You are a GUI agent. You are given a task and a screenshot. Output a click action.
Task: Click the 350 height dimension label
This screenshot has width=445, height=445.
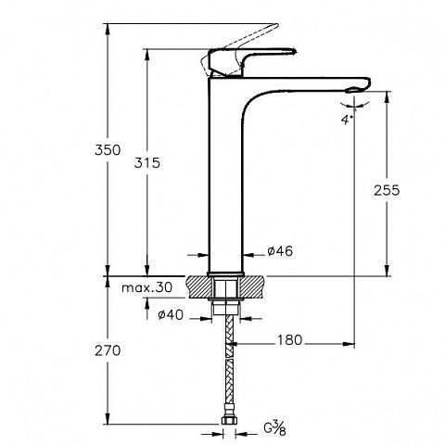[108, 150]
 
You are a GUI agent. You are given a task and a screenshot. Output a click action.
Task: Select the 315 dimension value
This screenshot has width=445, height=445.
[147, 163]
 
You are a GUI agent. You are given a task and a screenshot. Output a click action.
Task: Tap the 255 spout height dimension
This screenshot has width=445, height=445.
[387, 190]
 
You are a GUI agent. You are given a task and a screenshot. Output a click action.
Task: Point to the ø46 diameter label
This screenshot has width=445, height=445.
[280, 251]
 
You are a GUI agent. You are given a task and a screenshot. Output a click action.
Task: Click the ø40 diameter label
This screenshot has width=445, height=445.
[171, 315]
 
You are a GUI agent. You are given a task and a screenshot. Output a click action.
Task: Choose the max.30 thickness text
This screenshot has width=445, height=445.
[146, 287]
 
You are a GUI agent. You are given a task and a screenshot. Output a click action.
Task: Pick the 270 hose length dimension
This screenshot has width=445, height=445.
[108, 350]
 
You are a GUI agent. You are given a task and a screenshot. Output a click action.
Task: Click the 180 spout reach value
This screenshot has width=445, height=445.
[289, 340]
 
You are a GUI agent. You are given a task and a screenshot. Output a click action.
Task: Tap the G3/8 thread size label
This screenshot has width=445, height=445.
[274, 428]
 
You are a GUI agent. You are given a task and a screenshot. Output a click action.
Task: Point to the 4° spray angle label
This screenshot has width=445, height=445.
[347, 120]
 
